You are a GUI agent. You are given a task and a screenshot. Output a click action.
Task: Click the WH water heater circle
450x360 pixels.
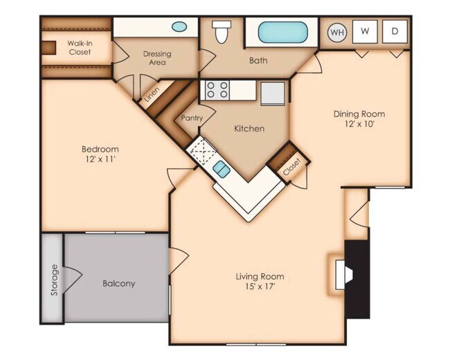[x=337, y=31]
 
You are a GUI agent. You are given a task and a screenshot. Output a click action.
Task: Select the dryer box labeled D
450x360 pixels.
[x=395, y=31]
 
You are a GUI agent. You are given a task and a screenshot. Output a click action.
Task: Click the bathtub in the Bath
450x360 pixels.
[x=284, y=33]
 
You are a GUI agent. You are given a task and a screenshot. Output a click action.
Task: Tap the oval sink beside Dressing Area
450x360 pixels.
[x=179, y=28]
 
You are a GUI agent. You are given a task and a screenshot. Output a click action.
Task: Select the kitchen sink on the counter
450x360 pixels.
[x=222, y=168]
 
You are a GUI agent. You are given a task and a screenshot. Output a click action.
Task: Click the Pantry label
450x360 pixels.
[x=192, y=118]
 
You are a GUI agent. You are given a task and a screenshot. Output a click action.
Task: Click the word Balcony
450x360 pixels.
[x=118, y=283]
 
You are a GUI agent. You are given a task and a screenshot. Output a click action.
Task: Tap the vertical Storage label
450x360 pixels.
[x=53, y=280]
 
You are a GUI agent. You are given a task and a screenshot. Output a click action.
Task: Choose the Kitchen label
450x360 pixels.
[x=249, y=128]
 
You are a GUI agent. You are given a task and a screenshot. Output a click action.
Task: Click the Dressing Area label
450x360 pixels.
[x=157, y=58]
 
